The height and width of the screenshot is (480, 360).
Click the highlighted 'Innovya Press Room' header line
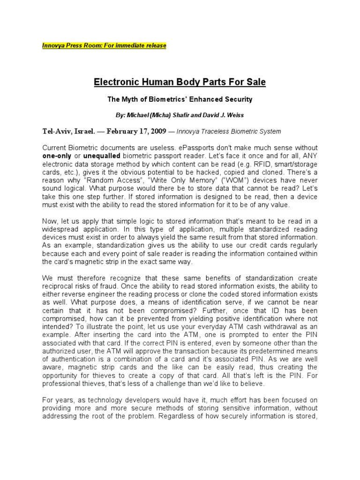coord(104,45)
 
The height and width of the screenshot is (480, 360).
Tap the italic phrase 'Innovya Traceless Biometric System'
coord(229,132)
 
